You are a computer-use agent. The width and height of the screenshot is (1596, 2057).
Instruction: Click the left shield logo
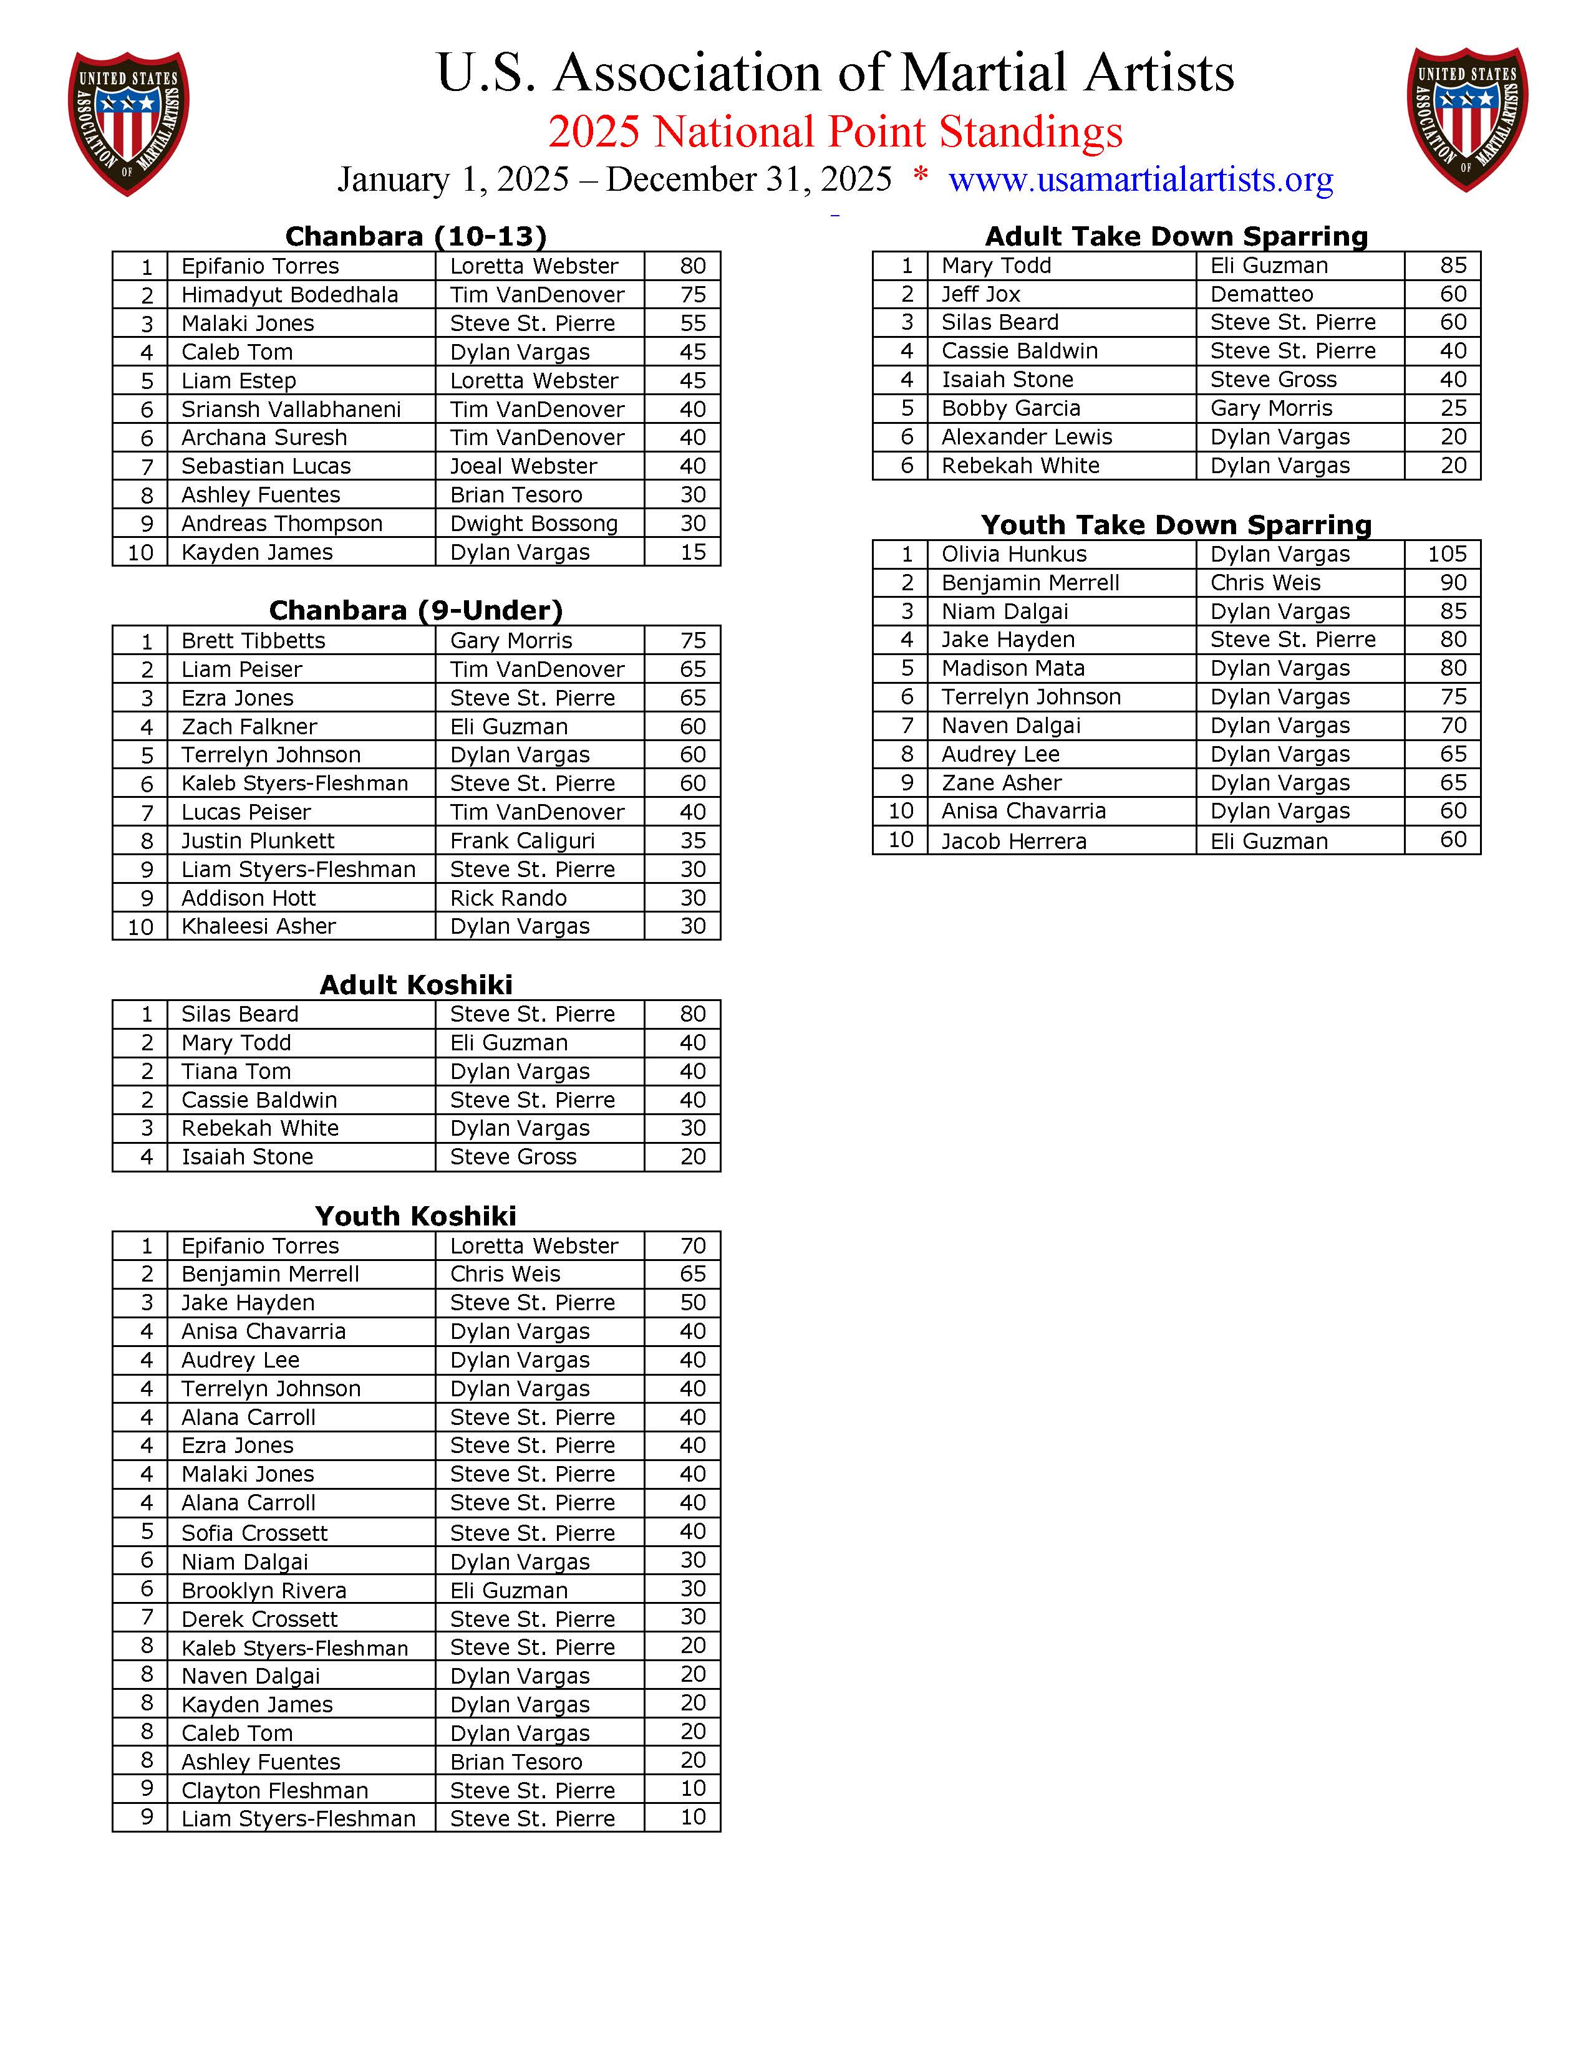128,122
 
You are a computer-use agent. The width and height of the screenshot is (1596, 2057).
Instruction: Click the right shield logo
1466,120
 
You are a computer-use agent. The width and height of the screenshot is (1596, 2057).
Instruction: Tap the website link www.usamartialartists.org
1140,179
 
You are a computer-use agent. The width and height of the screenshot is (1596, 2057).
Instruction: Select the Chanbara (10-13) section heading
415,236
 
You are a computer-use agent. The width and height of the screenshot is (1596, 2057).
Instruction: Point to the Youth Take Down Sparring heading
1176,525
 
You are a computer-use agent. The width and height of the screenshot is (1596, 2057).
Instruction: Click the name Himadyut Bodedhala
289,295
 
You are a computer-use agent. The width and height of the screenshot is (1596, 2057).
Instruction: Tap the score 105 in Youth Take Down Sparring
1446,554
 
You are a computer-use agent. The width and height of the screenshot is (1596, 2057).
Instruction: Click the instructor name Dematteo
1262,294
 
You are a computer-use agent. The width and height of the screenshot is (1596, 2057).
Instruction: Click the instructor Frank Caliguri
522,840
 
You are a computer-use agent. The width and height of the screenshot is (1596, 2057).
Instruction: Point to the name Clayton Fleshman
274,1790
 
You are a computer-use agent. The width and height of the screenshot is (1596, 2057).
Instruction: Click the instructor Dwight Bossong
533,524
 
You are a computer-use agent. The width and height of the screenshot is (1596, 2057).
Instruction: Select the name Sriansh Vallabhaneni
291,409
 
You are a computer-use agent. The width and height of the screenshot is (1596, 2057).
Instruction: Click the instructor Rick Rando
508,898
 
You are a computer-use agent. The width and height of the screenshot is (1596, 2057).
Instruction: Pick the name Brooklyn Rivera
264,1591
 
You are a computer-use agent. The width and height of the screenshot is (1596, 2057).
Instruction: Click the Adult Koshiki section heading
415,984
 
